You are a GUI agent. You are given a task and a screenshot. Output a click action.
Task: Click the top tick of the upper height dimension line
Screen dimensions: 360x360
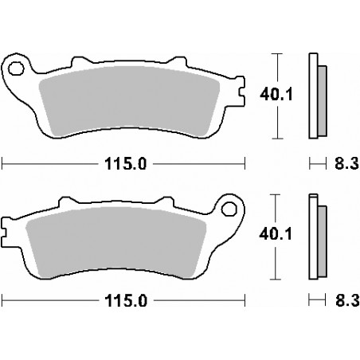pyautogui.click(x=276, y=53)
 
